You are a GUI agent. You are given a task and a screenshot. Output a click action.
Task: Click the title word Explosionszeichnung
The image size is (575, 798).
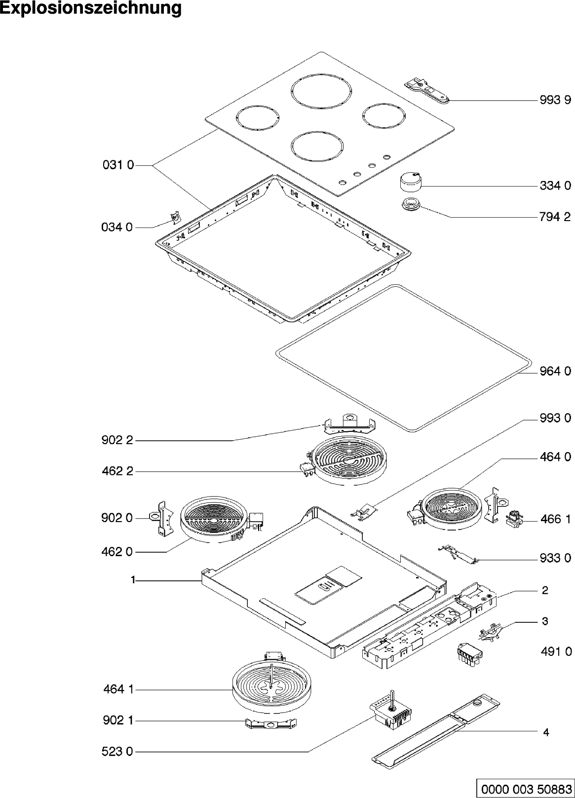[91, 8]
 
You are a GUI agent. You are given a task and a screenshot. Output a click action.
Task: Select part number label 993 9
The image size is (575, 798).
[555, 101]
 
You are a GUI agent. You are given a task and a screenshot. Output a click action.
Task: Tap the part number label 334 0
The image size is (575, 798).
[555, 186]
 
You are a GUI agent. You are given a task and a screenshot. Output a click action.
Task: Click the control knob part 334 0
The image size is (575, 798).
[410, 181]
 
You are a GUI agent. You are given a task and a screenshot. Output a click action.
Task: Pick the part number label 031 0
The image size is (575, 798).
[118, 165]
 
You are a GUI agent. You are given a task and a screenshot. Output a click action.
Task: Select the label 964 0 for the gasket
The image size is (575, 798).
[555, 372]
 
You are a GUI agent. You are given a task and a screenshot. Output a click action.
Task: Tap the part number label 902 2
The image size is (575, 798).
[118, 440]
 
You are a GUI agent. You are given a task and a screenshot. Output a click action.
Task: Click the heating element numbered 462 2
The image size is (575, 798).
[349, 459]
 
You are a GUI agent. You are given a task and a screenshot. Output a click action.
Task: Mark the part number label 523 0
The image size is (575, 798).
[118, 752]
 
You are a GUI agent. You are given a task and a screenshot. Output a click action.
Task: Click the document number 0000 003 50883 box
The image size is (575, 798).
[524, 788]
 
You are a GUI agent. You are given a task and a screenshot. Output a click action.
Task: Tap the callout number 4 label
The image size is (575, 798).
[546, 732]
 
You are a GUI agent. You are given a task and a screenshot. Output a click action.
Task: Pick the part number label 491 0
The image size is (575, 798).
[555, 651]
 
